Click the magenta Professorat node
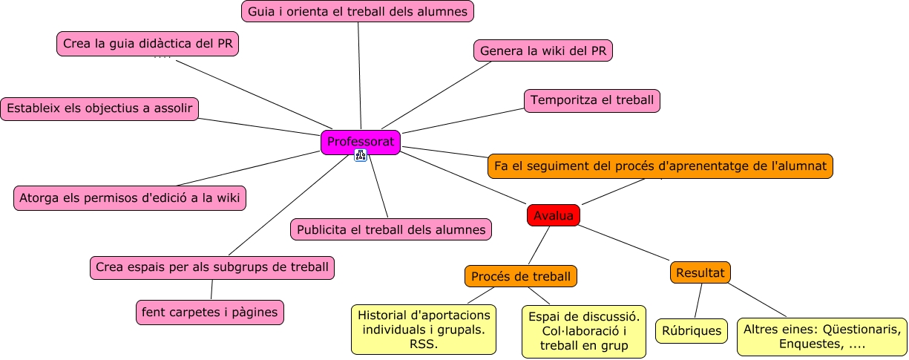pos(361,142)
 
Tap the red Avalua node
pos(554,215)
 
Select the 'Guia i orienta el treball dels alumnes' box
pos(358,11)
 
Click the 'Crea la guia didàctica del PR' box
pos(148,44)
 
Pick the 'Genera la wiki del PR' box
pos(542,50)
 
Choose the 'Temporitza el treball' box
pos(592,100)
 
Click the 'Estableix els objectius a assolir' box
pos(99,108)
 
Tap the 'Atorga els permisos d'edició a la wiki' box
pos(129,198)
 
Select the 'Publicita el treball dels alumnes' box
pos(391,229)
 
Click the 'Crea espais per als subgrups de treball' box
pos(212,267)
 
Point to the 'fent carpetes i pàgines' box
pos(210,312)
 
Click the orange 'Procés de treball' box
pos(521,276)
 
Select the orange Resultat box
pos(700,272)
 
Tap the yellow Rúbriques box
pos(692,330)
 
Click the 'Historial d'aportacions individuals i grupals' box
pos(424,329)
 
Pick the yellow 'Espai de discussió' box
pos(584,331)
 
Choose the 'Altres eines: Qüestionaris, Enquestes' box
pos(822,337)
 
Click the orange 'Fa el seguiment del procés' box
pos(660,166)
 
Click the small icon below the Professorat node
pos(361,155)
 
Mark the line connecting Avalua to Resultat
pos(625,243)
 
